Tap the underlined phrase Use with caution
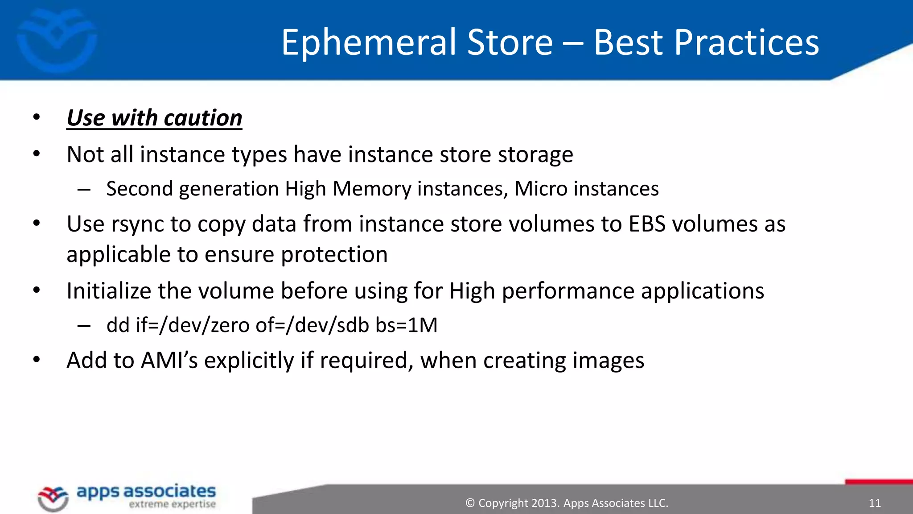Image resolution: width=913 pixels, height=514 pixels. (x=154, y=118)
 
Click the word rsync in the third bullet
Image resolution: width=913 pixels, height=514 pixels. (x=138, y=224)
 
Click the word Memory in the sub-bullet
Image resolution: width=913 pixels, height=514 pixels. (x=372, y=189)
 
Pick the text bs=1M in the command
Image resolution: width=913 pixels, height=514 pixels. (x=407, y=325)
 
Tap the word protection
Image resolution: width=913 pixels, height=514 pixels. (x=334, y=255)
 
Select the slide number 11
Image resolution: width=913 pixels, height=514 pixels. (x=875, y=503)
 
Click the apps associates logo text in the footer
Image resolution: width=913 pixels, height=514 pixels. (x=146, y=492)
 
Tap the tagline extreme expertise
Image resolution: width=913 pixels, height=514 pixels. (x=172, y=505)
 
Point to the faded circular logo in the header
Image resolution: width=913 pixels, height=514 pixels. (x=57, y=40)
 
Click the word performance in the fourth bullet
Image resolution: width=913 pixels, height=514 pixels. (x=568, y=291)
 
